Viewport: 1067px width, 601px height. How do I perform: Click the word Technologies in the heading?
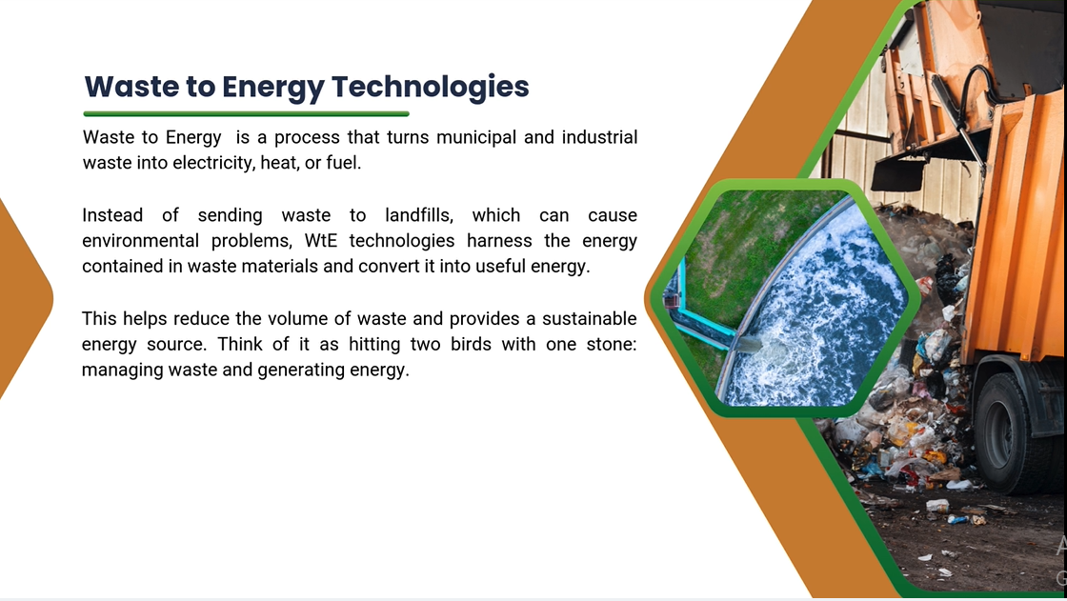click(x=430, y=87)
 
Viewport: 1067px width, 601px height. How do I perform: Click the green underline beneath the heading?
click(x=246, y=113)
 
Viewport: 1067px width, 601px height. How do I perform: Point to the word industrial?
click(x=599, y=137)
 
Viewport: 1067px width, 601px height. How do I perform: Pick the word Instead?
click(x=112, y=215)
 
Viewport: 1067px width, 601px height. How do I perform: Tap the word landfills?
click(x=419, y=216)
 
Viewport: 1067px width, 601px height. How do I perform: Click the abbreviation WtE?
click(x=320, y=241)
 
